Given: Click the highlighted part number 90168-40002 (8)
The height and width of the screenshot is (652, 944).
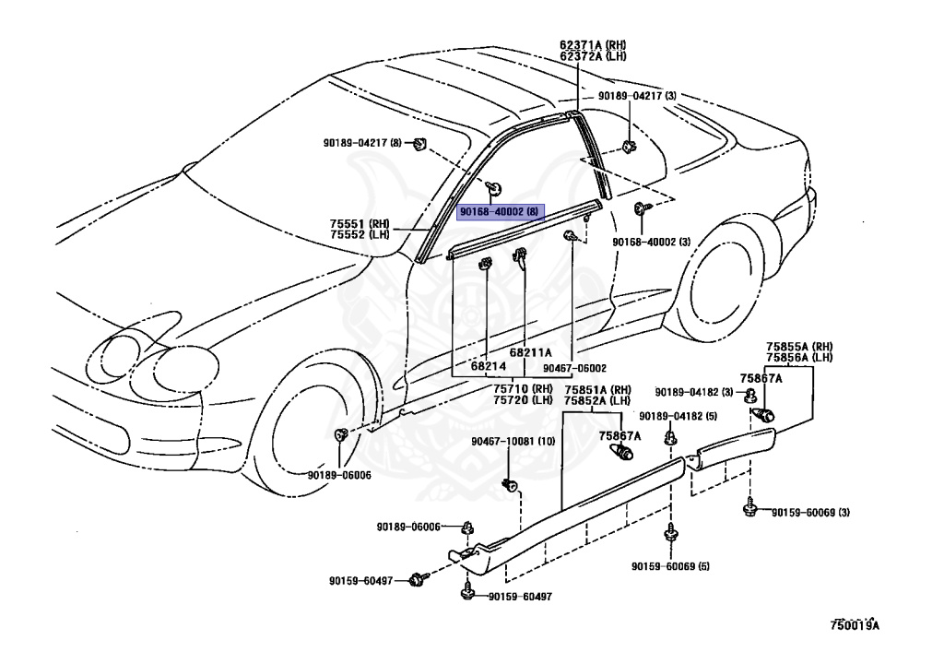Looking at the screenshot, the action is pyautogui.click(x=500, y=212).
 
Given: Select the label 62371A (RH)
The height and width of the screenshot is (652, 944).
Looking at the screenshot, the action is pyautogui.click(x=593, y=44).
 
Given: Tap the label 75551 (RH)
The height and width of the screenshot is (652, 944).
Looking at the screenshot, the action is pyautogui.click(x=360, y=223).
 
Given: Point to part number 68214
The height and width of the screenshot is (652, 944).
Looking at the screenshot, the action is pyautogui.click(x=489, y=365).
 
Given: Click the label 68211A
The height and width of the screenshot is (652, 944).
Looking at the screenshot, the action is pyautogui.click(x=530, y=353).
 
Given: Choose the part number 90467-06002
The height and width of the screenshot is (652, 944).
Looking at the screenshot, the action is pyautogui.click(x=574, y=368).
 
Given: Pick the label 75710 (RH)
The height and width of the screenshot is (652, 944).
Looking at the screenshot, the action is pyautogui.click(x=523, y=389).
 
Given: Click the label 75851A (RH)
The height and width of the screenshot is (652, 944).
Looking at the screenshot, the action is pyautogui.click(x=597, y=389).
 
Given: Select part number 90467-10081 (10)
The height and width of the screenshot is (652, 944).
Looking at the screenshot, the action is pyautogui.click(x=513, y=442).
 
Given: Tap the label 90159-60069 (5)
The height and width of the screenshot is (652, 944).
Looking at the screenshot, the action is pyautogui.click(x=670, y=566).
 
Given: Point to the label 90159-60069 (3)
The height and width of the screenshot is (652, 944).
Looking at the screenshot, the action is pyautogui.click(x=810, y=513).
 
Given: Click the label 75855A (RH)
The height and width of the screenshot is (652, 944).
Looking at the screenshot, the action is pyautogui.click(x=799, y=346).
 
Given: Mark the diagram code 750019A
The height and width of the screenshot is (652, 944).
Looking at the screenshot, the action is pyautogui.click(x=855, y=625).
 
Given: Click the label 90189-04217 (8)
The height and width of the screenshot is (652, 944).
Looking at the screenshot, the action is pyautogui.click(x=361, y=143).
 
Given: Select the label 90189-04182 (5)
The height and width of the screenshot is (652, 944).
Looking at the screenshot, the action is pyautogui.click(x=678, y=416).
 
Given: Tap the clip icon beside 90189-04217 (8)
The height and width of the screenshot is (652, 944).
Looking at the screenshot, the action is pyautogui.click(x=419, y=145).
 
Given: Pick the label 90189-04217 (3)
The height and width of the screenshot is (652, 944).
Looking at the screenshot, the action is pyautogui.click(x=637, y=96).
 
